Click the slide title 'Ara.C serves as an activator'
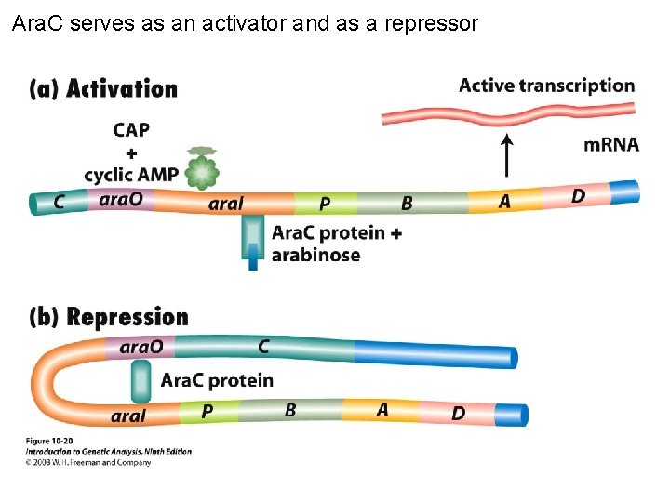tap(245, 23)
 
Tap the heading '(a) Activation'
tap(103, 89)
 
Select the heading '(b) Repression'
tap(109, 318)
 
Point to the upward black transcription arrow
tap(506, 155)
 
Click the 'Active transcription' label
tap(546, 86)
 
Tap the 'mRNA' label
tap(610, 145)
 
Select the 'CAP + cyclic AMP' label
tap(131, 152)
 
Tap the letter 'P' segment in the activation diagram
tap(324, 203)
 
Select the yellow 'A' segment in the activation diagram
tap(503, 201)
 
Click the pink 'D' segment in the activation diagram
tap(578, 196)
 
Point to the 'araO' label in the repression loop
tap(141, 347)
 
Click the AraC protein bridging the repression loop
tap(141, 381)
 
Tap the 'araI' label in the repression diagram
tap(128, 416)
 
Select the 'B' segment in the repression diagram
tap(290, 410)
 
